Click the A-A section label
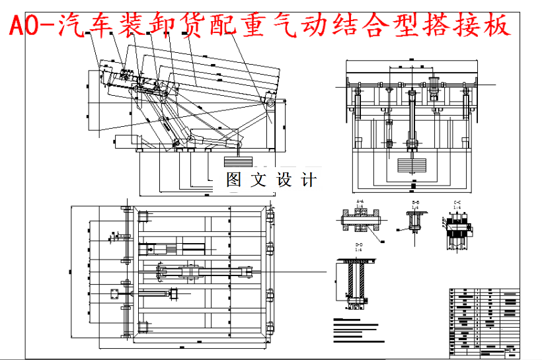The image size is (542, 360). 360,201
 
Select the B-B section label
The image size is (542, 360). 415,201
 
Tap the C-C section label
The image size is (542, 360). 457,201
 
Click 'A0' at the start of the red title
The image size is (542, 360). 20,25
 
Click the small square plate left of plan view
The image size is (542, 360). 114,292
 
